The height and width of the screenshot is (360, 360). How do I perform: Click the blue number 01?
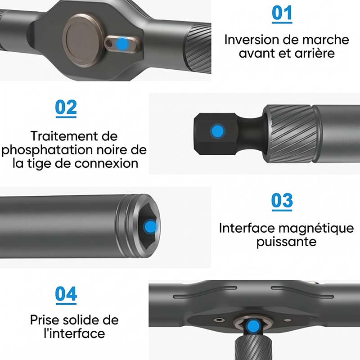[x=282, y=13]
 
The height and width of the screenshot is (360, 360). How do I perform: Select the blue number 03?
[x=282, y=201]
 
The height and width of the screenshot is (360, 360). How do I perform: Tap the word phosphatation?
[x=47, y=151]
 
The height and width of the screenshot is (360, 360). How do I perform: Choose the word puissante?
[x=286, y=242]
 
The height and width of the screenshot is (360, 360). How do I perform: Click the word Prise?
[x=44, y=320]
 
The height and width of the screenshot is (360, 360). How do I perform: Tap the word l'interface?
[x=74, y=333]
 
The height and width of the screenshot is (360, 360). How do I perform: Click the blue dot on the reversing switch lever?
[x=123, y=43]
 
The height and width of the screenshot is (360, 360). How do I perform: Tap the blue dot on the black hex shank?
[x=217, y=131]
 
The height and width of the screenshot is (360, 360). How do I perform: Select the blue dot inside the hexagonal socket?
[x=151, y=227]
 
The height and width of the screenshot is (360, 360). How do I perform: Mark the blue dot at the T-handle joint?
[x=253, y=326]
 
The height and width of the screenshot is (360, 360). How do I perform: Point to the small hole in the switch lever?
[x=109, y=43]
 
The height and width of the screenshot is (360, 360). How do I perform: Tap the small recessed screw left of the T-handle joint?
[x=219, y=319]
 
